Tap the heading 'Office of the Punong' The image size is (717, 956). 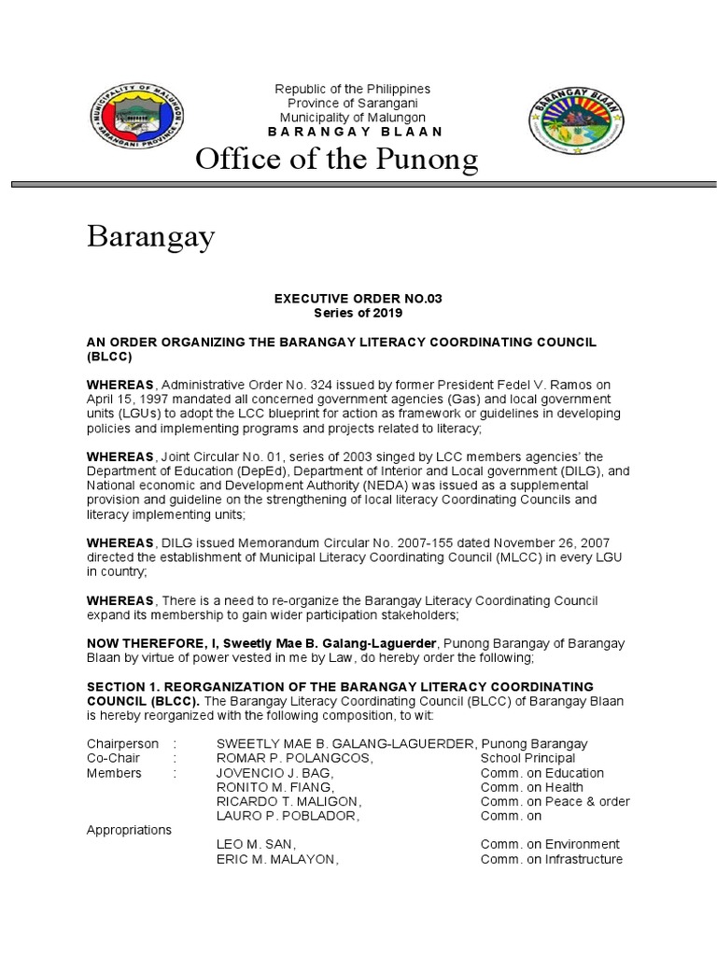[336, 162]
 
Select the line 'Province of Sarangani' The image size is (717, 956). [352, 103]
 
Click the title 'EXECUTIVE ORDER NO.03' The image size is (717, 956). [357, 298]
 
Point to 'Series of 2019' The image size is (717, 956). [357, 313]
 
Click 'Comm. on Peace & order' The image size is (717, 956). [555, 801]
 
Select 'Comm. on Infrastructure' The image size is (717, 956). [551, 859]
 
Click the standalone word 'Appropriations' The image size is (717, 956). [129, 829]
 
